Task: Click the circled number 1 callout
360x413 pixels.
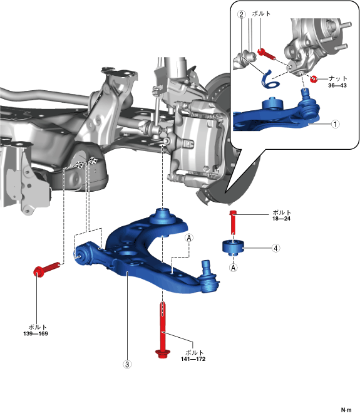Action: tap(335, 124)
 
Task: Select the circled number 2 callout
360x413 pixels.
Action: tap(241, 14)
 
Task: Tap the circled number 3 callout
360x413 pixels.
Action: tap(127, 364)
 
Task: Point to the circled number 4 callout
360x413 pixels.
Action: tap(275, 248)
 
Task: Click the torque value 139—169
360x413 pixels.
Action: tap(36, 333)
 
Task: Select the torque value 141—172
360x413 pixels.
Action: tap(193, 359)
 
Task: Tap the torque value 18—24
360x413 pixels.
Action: tap(281, 219)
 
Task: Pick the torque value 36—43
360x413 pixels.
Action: tap(337, 85)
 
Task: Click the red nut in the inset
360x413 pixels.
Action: tap(313, 79)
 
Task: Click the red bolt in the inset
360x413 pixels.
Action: tap(267, 54)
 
